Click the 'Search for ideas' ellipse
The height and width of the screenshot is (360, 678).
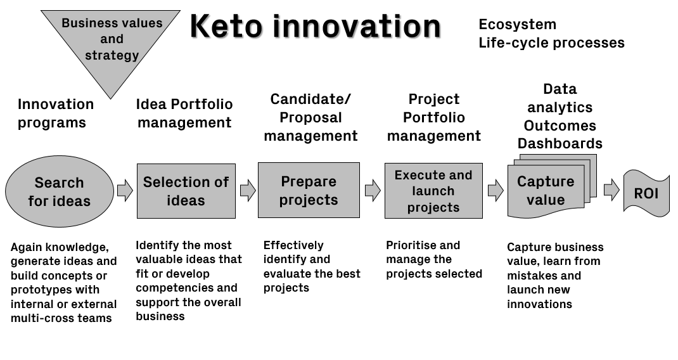[59, 191]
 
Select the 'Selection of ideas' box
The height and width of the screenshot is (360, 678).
[186, 191]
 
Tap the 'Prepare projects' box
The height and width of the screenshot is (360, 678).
[309, 190]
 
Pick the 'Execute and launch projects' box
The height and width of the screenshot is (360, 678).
[433, 190]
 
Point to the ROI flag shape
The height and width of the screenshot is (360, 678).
[646, 193]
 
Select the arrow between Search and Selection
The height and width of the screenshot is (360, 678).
[125, 190]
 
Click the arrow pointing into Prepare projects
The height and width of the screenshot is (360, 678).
[248, 190]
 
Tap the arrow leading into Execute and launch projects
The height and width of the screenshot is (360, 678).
[373, 190]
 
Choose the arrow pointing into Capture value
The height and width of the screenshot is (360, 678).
[496, 190]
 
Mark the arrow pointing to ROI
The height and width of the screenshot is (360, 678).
[611, 190]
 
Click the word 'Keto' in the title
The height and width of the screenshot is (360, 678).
[226, 26]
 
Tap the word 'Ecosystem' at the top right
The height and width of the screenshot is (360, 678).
[518, 24]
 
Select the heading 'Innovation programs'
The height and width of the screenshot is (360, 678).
[55, 113]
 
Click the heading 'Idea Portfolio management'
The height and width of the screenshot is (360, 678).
[184, 113]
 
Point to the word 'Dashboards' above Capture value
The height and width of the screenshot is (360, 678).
[560, 143]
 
